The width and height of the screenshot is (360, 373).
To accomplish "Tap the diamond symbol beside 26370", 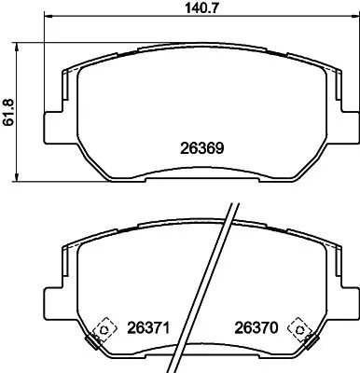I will pyautogui.click(x=299, y=327).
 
